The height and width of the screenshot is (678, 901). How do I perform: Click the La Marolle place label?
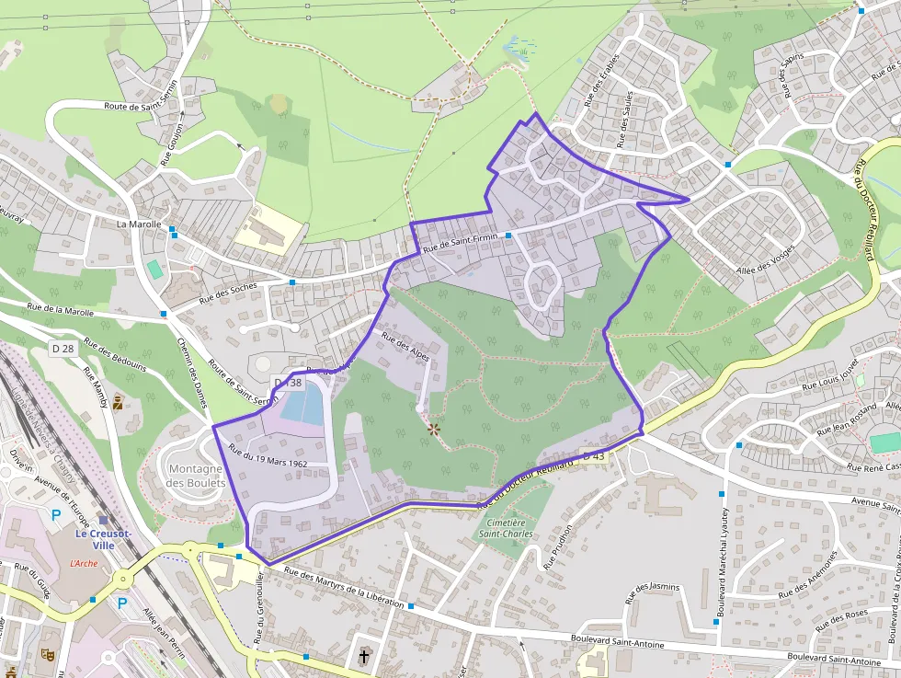point(139,224)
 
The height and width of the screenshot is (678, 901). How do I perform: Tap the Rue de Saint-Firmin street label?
point(460,243)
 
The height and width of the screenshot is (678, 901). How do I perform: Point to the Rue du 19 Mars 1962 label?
point(268,457)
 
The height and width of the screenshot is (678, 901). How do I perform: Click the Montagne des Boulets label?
point(197,476)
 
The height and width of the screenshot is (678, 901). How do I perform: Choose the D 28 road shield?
point(62,348)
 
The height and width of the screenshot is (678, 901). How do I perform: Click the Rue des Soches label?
point(228,292)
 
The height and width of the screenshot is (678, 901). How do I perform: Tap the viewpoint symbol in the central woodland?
point(433,428)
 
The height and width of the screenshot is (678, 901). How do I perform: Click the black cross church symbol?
point(365,656)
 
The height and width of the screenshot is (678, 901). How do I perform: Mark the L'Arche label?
point(83,562)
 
